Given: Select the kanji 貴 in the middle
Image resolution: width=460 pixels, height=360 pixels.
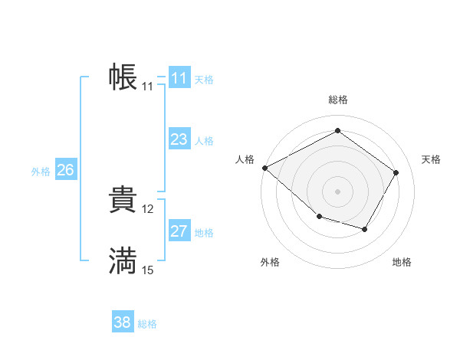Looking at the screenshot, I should point(123,200).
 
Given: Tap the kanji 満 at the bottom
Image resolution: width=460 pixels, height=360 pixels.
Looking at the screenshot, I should point(123,261).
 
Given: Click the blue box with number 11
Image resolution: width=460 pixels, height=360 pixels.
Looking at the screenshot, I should point(179,78).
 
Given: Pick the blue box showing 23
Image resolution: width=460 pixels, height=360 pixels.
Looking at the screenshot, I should point(179,139).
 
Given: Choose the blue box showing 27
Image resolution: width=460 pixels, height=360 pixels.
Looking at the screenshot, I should point(179,231).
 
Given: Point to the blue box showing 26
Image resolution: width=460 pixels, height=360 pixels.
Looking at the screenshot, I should point(65,170).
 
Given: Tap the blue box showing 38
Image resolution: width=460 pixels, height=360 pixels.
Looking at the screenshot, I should point(123,322).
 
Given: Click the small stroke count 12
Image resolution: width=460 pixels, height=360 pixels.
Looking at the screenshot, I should point(148,208).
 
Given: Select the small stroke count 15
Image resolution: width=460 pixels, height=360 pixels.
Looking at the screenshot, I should point(148,270).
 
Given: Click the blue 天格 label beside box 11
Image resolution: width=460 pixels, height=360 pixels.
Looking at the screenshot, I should point(204,80).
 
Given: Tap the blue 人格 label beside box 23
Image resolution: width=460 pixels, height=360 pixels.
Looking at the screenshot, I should point(204,141).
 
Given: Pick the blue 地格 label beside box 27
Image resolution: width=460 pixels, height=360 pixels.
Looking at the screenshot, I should point(204,233).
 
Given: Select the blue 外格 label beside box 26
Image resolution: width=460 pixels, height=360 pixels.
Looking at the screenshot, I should point(41,172).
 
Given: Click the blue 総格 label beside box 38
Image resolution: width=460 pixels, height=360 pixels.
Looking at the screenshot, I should point(147,324).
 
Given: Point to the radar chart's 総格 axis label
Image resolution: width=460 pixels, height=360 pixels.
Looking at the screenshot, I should point(337,100).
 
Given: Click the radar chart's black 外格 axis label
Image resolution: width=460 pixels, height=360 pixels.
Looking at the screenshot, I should point(270,262).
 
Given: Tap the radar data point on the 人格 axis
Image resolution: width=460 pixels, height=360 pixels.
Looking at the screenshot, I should point(264,168).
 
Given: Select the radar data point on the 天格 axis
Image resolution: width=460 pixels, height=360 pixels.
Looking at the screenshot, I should point(396,172).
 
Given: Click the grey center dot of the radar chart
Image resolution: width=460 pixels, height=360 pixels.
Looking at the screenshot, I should point(337,191).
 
